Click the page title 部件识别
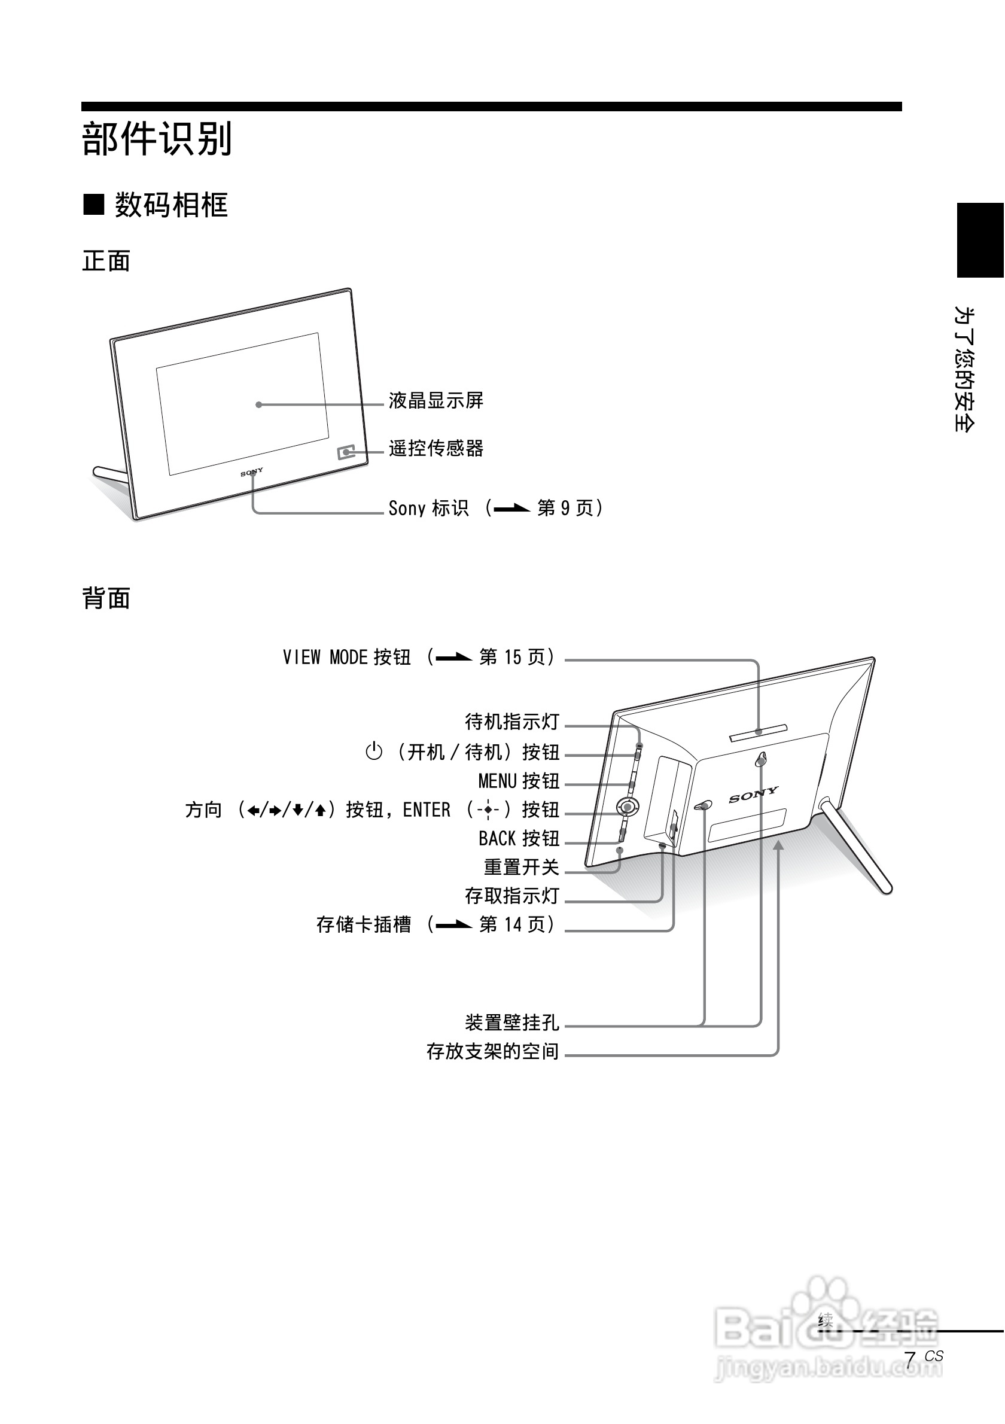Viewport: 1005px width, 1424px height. point(157,139)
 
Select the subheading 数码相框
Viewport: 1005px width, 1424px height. point(170,205)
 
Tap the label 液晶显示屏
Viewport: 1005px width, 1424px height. point(436,401)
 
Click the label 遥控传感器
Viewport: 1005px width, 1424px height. point(436,448)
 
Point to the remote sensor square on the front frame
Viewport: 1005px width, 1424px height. point(346,452)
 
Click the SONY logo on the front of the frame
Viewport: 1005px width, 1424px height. point(252,473)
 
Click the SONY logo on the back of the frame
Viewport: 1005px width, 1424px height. point(753,795)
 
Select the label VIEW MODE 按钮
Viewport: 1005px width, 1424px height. point(346,658)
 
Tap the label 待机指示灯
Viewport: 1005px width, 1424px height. point(512,722)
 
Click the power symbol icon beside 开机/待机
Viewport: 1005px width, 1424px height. point(374,751)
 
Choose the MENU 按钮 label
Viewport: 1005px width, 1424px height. point(519,781)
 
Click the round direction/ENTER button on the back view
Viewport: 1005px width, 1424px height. point(627,807)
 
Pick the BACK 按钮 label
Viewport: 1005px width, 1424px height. point(519,838)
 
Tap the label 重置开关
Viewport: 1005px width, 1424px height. point(522,867)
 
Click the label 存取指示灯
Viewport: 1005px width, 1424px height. point(512,896)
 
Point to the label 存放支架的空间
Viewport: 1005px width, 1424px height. point(493,1051)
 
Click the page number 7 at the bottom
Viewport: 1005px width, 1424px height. point(909,1360)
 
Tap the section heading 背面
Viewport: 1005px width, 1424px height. point(106,598)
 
